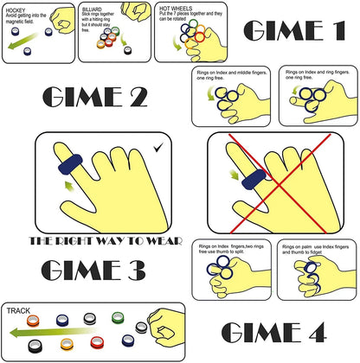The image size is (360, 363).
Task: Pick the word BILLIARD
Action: pos(97,10)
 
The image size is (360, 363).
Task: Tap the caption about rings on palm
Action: pos(314,252)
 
